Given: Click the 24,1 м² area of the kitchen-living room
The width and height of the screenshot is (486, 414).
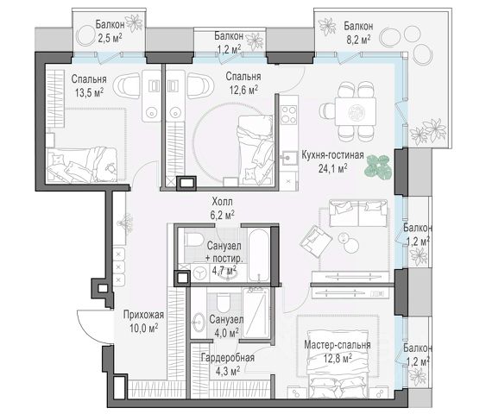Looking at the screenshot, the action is pos(332,168).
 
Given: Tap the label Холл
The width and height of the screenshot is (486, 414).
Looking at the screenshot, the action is pos(222,202).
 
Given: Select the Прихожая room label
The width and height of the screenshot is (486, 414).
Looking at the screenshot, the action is pos(143,315).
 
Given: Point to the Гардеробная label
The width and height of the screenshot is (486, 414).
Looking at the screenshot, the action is pos(228,358).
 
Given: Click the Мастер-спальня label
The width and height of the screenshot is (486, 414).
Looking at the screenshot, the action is pos(338,345).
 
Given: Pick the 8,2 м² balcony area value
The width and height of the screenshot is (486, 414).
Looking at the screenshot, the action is pos(359,39).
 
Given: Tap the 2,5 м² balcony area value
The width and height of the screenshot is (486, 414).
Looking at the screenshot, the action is pos(110,38).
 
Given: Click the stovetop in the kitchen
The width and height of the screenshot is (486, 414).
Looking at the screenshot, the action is pos(288,114).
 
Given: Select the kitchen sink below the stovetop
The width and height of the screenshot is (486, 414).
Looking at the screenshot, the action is pos(288,158).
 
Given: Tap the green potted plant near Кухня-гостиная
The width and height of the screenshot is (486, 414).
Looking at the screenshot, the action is pos(377,166).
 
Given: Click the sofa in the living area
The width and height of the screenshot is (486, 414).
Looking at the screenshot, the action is pos(358,213).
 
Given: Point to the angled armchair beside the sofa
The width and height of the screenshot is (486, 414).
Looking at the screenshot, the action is pos(316,241).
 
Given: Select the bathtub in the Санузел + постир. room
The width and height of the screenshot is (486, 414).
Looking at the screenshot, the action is pos(258,254).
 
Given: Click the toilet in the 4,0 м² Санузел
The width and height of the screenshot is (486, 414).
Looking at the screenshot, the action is pos(222,303).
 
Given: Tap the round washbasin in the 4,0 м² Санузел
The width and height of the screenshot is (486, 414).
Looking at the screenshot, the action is pos(199,322).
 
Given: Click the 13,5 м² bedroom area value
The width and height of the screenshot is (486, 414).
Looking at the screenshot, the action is pos(89,92).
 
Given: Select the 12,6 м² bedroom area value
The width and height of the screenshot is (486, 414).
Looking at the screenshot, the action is pos(243,90).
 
